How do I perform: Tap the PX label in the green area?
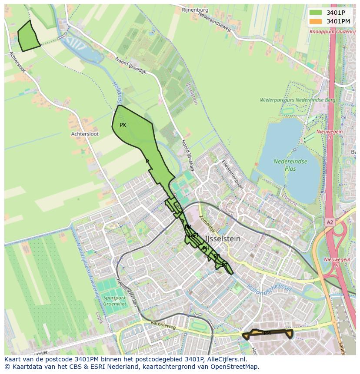pyautogui.click(x=123, y=125)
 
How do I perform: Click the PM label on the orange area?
pyautogui.click(x=267, y=333)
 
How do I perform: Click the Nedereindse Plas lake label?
pyautogui.click(x=290, y=164)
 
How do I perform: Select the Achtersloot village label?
pyautogui.click(x=85, y=134)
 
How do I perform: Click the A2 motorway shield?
pyautogui.click(x=330, y=222)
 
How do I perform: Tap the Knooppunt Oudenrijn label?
pyautogui.click(x=333, y=31)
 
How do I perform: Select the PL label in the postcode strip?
pyautogui.click(x=177, y=206)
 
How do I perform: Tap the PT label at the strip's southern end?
pyautogui.click(x=224, y=265)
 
